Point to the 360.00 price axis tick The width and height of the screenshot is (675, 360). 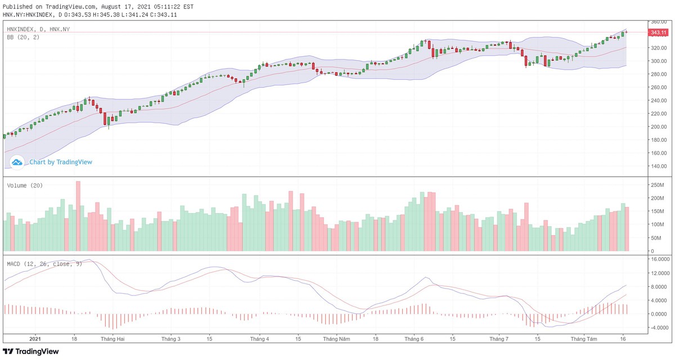[x=659, y=21]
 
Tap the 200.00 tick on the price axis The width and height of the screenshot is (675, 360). [x=659, y=126]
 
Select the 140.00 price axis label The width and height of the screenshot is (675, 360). [x=659, y=166]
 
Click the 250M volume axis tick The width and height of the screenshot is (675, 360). [x=658, y=185]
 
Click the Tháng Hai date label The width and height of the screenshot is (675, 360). [x=112, y=339]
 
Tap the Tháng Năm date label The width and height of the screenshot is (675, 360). [x=336, y=339]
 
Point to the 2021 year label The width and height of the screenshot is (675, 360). [x=35, y=339]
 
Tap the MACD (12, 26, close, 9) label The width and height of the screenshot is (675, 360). [x=44, y=263]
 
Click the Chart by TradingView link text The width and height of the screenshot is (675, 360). [x=61, y=162]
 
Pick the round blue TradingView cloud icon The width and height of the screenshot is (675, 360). [x=17, y=162]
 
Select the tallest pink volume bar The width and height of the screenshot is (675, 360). [x=78, y=216]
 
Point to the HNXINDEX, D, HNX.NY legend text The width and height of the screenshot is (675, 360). [x=38, y=29]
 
